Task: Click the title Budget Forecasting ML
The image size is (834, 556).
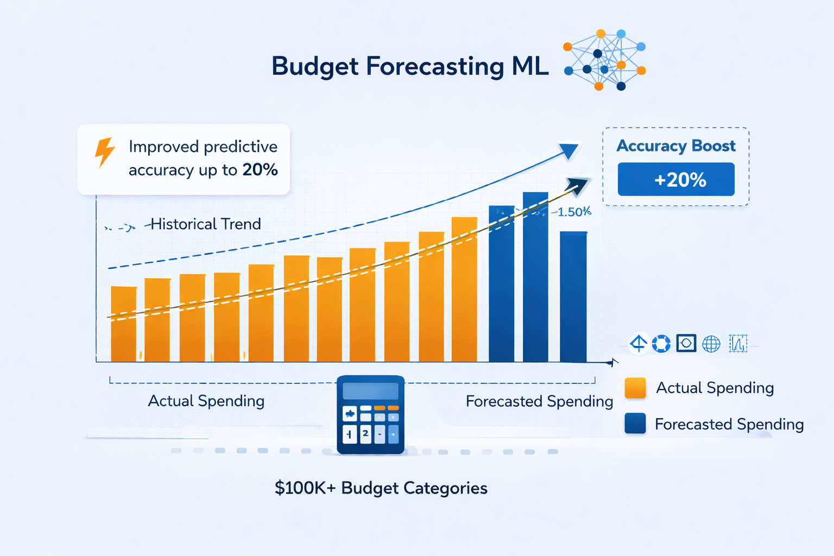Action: [x=410, y=66]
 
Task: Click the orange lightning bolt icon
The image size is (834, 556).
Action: [x=104, y=151]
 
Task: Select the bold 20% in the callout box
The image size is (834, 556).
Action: [x=260, y=170]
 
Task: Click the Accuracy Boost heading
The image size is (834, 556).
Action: [x=676, y=146]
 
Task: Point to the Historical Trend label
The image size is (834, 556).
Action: [x=205, y=224]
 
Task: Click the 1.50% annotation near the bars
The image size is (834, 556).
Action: [x=573, y=212]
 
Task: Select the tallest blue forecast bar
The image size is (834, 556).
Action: [x=535, y=277]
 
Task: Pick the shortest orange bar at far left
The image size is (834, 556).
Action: [x=124, y=324]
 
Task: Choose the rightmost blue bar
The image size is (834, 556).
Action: [x=573, y=296]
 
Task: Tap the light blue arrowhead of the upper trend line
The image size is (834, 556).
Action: [x=568, y=150]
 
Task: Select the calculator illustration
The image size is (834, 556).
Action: [x=370, y=415]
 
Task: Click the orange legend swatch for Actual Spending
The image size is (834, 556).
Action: [x=635, y=388]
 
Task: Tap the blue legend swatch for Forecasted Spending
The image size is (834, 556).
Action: [x=635, y=424]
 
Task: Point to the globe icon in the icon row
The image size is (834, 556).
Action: [x=711, y=344]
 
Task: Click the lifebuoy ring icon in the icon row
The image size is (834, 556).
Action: [x=661, y=344]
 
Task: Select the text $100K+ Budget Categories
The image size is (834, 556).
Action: [x=381, y=488]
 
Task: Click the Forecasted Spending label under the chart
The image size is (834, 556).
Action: [x=539, y=401]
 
